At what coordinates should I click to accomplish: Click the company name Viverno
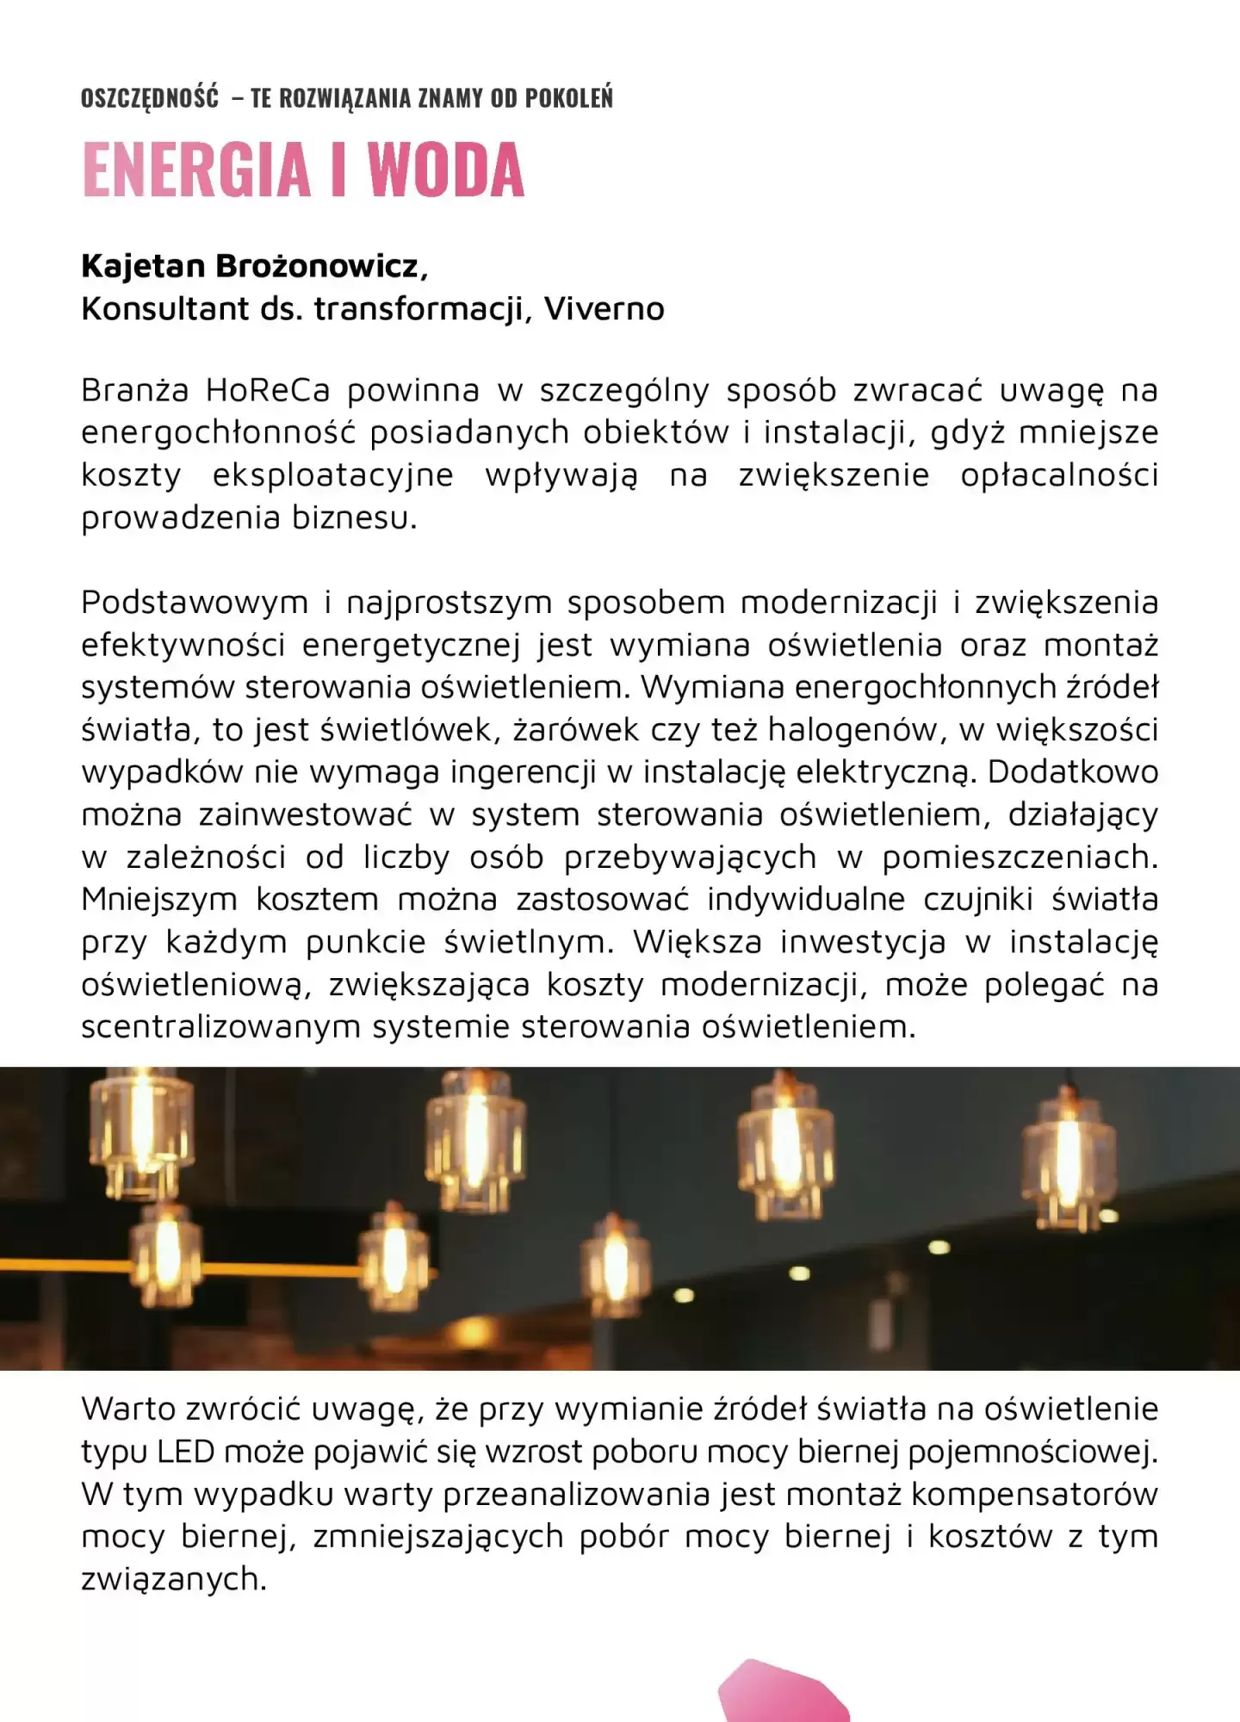click(604, 309)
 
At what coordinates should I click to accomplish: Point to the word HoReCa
click(268, 391)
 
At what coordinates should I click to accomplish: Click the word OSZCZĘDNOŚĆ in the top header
click(150, 98)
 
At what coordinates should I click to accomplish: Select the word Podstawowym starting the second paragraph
click(195, 603)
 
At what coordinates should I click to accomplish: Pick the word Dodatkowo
click(1072, 772)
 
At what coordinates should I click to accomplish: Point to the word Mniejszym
click(159, 900)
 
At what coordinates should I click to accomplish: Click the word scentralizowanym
click(220, 1027)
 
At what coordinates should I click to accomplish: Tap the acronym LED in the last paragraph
click(185, 1453)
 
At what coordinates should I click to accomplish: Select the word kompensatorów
click(1034, 1495)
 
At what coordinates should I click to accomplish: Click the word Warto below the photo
click(133, 1410)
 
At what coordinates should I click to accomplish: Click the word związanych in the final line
click(173, 1580)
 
